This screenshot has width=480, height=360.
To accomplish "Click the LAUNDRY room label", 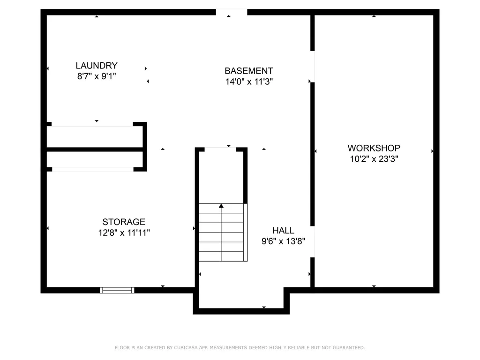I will click(x=97, y=66).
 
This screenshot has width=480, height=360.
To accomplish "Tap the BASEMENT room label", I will click(x=248, y=71).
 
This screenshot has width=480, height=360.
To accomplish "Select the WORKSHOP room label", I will click(x=374, y=148).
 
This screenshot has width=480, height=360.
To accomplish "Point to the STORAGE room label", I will click(x=124, y=222).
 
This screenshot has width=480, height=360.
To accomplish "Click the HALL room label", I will click(x=283, y=231).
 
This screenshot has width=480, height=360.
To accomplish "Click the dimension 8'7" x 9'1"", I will click(x=97, y=76).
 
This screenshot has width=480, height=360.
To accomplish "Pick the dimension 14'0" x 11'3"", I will click(x=248, y=82).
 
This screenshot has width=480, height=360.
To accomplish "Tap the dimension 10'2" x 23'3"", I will click(x=374, y=159).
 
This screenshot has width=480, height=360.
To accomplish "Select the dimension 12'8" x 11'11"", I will click(x=124, y=232).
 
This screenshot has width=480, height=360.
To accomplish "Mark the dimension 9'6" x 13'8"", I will click(x=283, y=241).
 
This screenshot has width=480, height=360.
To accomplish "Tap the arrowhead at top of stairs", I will click(x=221, y=205).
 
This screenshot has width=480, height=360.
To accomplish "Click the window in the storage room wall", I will click(x=117, y=290).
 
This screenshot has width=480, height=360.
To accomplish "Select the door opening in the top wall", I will click(x=232, y=12).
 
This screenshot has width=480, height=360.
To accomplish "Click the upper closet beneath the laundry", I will click(x=94, y=137).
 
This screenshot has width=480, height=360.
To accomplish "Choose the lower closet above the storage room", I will click(x=94, y=159).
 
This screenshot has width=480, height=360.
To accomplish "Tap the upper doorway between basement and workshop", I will click(x=312, y=67).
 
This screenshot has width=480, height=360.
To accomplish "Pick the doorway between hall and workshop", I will click(x=312, y=241).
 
